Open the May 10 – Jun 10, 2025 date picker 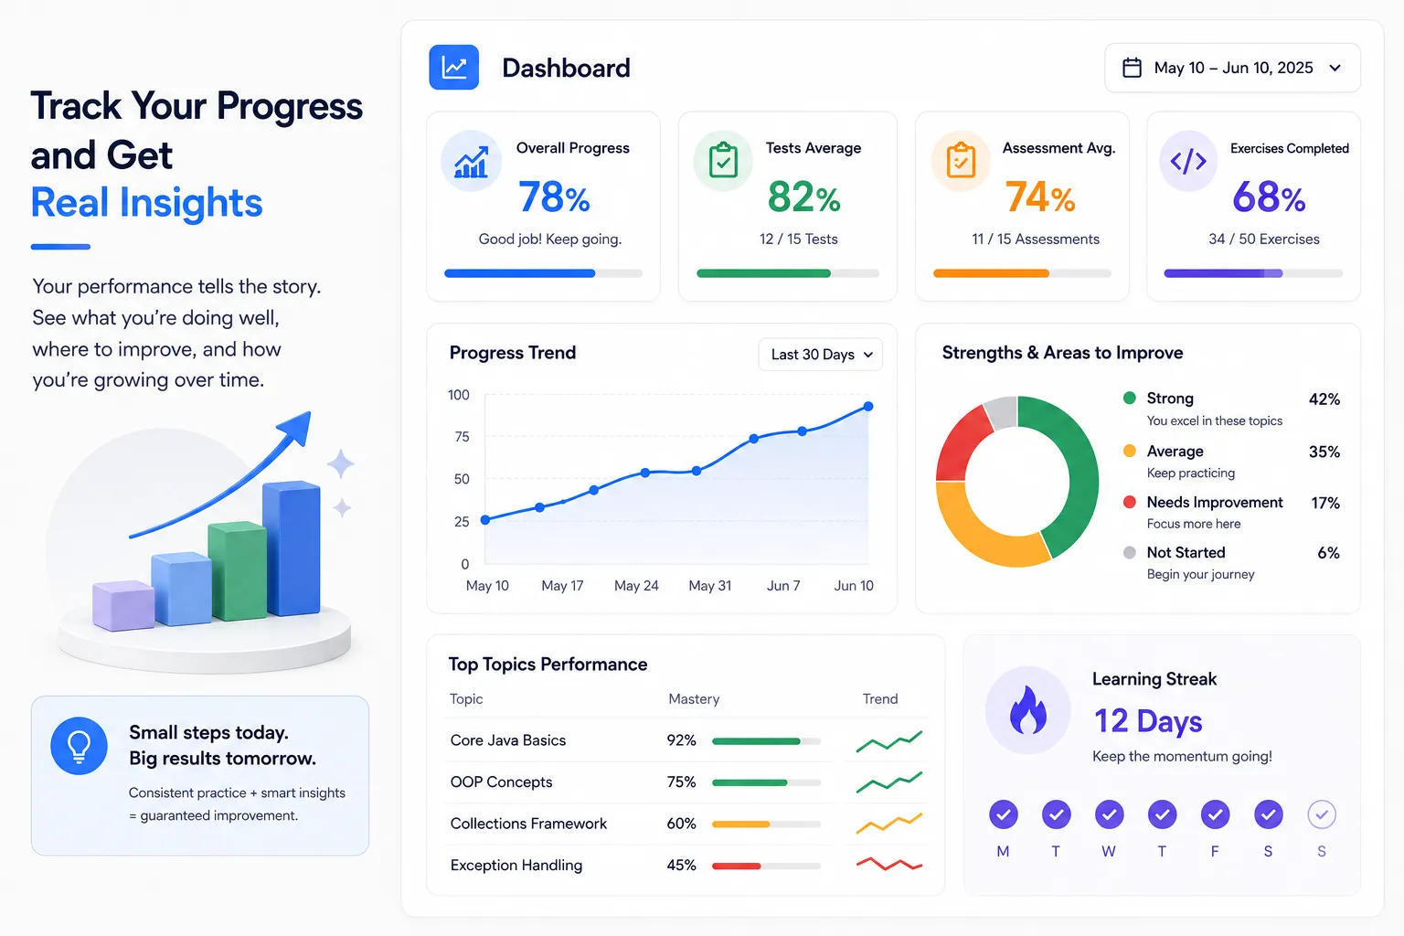[1232, 68]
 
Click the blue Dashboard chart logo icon [453, 67]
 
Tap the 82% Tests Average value [803, 197]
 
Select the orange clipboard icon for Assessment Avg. [961, 161]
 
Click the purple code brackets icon [1187, 161]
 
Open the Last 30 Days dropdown [821, 355]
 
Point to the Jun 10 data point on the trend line [868, 406]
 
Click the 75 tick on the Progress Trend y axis [462, 436]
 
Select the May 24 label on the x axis [636, 586]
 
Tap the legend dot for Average [1130, 451]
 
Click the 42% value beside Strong [1324, 399]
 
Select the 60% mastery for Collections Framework [681, 824]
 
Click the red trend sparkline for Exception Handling [888, 864]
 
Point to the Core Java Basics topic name [507, 740]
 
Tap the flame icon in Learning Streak [1028, 710]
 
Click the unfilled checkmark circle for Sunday [1322, 814]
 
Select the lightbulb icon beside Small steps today [79, 746]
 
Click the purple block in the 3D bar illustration [122, 605]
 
